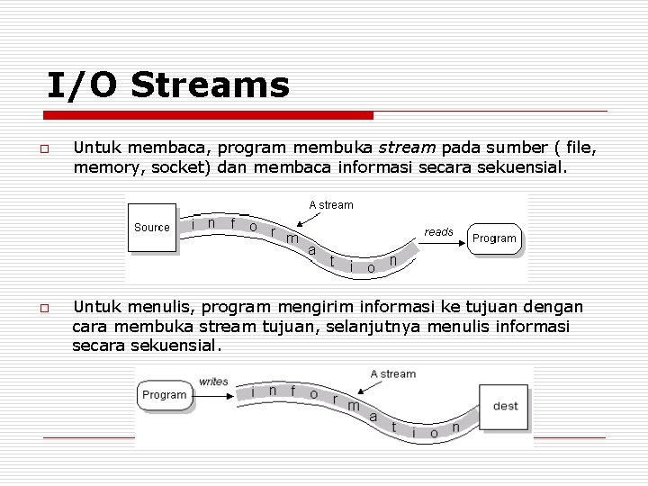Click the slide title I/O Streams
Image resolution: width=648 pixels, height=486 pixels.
click(168, 85)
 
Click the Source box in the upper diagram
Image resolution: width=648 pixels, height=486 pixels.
click(152, 228)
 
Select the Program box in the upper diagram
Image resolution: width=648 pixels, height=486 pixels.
click(494, 238)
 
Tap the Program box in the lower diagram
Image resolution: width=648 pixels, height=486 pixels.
click(164, 395)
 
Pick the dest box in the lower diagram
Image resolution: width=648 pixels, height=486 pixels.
click(505, 406)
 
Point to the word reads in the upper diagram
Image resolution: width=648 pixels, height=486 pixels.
click(438, 232)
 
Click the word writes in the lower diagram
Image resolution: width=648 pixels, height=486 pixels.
click(213, 382)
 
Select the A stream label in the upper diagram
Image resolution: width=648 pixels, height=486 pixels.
click(331, 205)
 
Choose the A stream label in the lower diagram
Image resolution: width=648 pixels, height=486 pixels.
click(392, 373)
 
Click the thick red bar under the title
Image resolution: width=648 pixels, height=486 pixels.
click(208, 115)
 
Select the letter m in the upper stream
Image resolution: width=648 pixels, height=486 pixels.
click(291, 238)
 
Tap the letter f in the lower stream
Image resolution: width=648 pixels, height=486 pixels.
click(292, 391)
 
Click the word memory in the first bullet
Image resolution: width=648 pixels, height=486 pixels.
click(103, 166)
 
